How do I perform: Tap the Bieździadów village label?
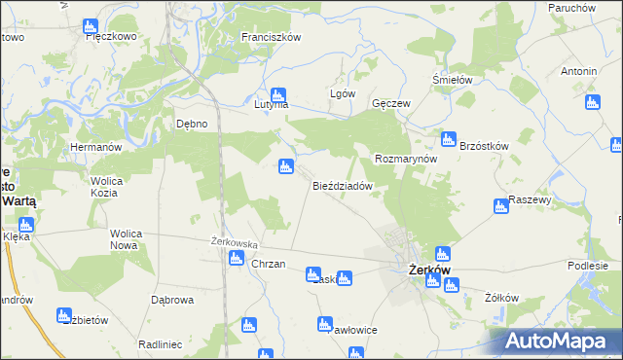point(343,186)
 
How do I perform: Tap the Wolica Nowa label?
point(127,240)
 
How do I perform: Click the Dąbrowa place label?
point(168,301)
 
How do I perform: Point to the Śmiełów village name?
point(452,81)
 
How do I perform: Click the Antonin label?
point(578,72)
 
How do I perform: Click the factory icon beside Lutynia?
point(278,95)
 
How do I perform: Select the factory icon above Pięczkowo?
point(91,25)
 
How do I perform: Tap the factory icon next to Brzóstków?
point(448,139)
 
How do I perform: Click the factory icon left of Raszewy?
point(500,206)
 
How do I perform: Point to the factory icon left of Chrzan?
point(236,258)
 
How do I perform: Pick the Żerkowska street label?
point(234,242)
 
